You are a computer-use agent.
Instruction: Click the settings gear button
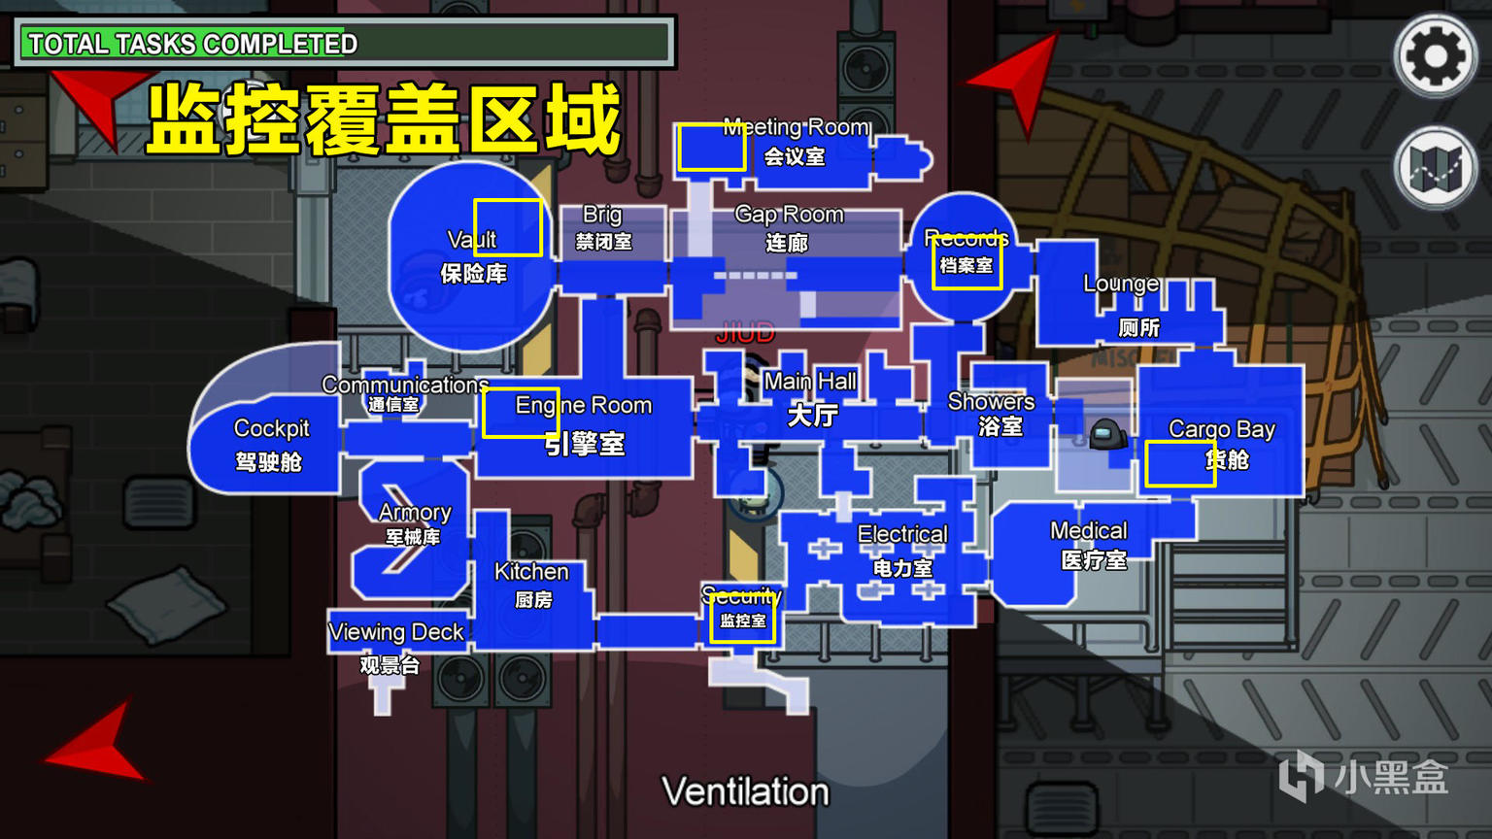click(1435, 56)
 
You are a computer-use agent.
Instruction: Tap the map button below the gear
click(1435, 168)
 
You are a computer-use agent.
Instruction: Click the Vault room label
click(472, 240)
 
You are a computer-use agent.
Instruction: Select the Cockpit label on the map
click(271, 429)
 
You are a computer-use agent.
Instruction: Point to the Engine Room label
click(583, 406)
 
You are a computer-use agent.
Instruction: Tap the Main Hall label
click(810, 382)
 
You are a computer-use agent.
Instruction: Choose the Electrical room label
click(902, 534)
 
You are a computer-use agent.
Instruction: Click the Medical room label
click(1089, 531)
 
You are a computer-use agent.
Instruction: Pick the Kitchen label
click(531, 572)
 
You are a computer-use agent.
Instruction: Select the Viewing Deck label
click(396, 632)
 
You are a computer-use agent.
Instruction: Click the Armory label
click(415, 513)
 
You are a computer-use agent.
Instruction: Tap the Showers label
click(991, 402)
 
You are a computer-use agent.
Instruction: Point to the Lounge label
click(1121, 284)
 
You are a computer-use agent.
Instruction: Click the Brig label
click(602, 215)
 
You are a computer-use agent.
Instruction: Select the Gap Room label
click(789, 215)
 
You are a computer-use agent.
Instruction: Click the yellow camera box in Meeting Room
click(711, 148)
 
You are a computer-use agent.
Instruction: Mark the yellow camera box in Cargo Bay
click(1179, 463)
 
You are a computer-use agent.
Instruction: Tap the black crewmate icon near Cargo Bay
click(1107, 434)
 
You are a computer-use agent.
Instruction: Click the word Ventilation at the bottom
click(745, 791)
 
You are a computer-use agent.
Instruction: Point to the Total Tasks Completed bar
click(345, 43)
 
